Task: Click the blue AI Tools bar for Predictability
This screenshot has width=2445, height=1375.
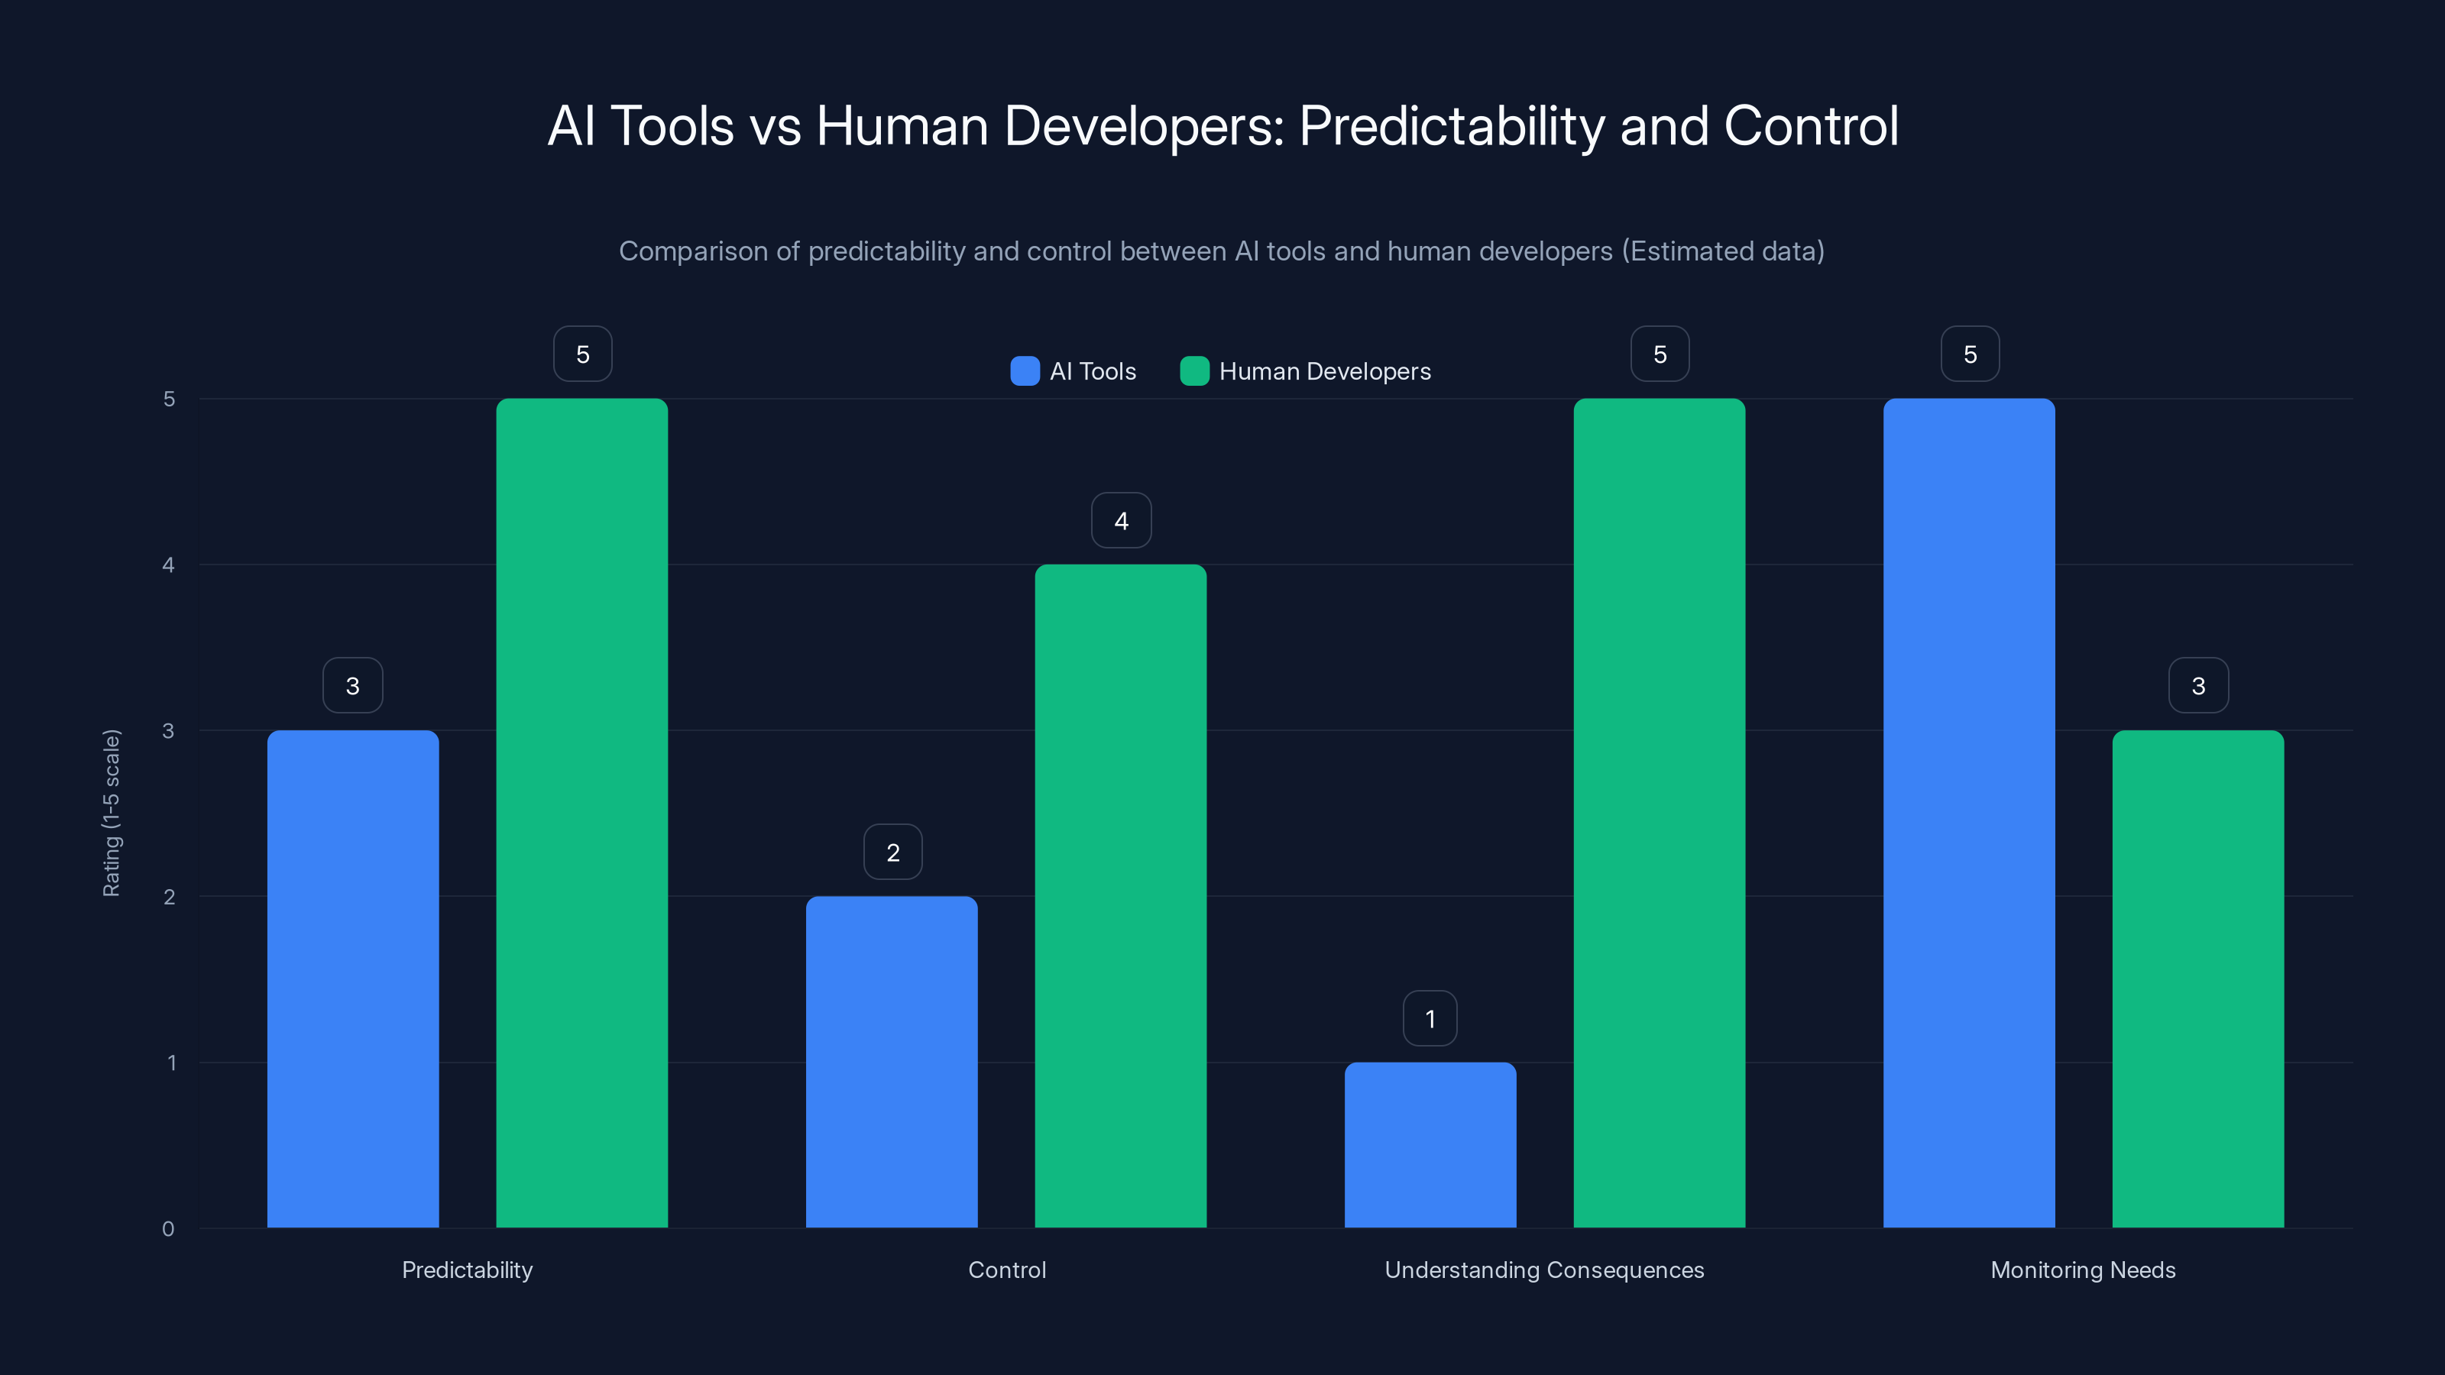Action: pos(352,978)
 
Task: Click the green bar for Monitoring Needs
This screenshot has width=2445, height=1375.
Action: pos(2197,978)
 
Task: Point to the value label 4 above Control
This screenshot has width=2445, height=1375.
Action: pos(1121,521)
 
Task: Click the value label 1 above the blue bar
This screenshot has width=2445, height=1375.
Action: pos(1430,1019)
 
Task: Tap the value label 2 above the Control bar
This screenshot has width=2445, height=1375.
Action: pos(892,852)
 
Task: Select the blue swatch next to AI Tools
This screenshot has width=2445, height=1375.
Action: pos(1025,371)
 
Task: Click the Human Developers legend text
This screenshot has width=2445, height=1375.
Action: pos(1324,371)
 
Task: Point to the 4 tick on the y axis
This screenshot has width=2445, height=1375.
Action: pos(169,565)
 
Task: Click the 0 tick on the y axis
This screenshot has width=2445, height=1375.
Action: pos(169,1229)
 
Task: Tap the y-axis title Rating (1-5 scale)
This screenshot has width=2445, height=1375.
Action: pos(112,812)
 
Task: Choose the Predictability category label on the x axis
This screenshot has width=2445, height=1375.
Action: pos(467,1270)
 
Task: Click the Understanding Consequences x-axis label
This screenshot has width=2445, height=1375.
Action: pos(1543,1270)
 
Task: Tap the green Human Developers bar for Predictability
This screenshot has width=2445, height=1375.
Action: pos(581,812)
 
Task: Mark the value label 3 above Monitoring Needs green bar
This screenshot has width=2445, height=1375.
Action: pos(2197,686)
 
